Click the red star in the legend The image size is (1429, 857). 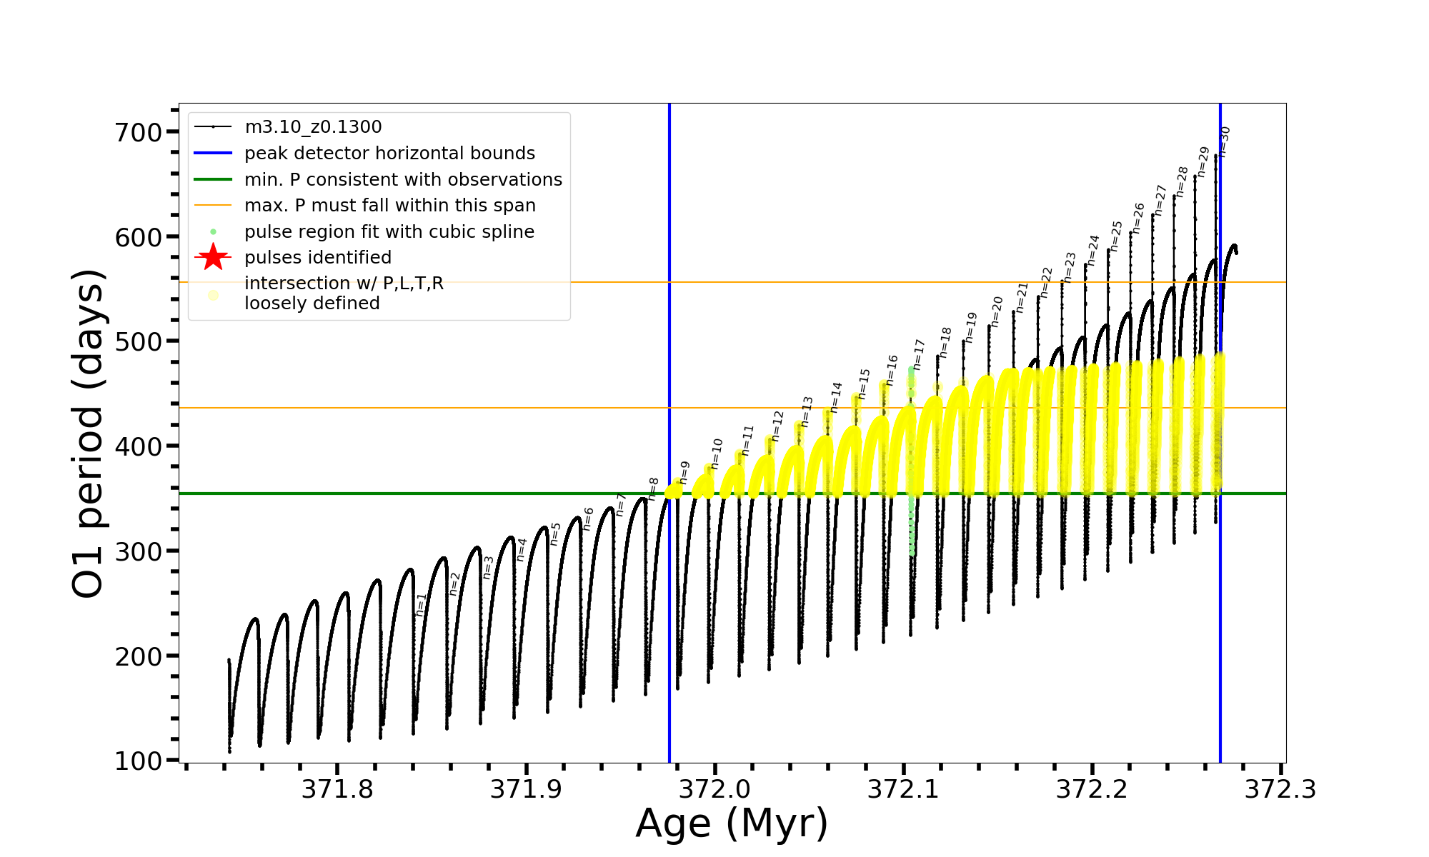213,257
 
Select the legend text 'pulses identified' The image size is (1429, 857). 318,257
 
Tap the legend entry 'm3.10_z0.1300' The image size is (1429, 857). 313,127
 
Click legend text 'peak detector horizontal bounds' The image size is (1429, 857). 389,154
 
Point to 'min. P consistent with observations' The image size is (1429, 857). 403,179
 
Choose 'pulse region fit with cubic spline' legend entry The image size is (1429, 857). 389,231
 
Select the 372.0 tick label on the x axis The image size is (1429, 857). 714,789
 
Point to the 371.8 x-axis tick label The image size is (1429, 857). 337,789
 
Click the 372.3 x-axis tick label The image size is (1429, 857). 1280,789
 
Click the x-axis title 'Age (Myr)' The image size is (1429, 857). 732,823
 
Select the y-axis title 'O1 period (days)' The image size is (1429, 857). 89,433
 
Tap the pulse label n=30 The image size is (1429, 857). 1224,141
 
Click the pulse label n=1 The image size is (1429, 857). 421,604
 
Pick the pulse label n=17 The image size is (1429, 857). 919,354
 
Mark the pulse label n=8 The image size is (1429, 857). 652,488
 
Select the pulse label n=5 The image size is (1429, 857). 555,534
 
